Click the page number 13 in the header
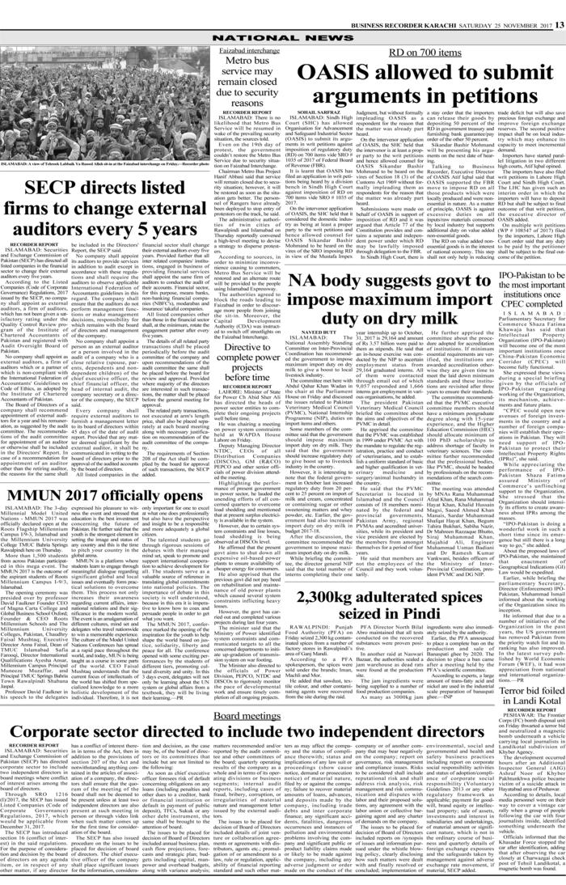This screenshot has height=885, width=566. [x=558, y=5]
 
